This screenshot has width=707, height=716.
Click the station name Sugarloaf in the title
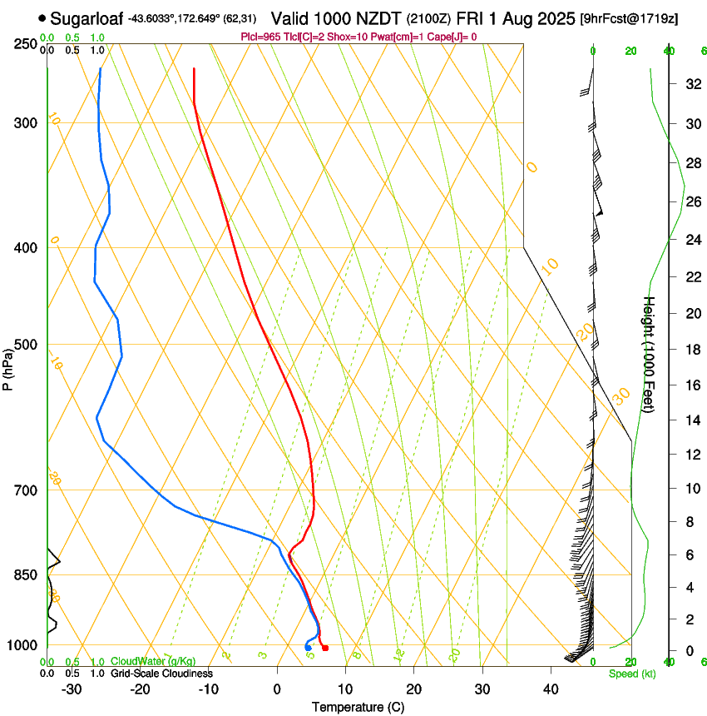coord(87,17)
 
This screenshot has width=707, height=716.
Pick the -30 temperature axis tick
coord(72,689)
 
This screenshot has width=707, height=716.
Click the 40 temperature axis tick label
coord(551,689)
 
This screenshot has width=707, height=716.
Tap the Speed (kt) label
coord(631,674)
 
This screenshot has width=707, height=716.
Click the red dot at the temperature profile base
coord(325,648)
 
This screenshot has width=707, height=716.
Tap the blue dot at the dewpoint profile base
coord(308,648)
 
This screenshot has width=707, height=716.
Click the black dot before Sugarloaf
coord(42,17)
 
